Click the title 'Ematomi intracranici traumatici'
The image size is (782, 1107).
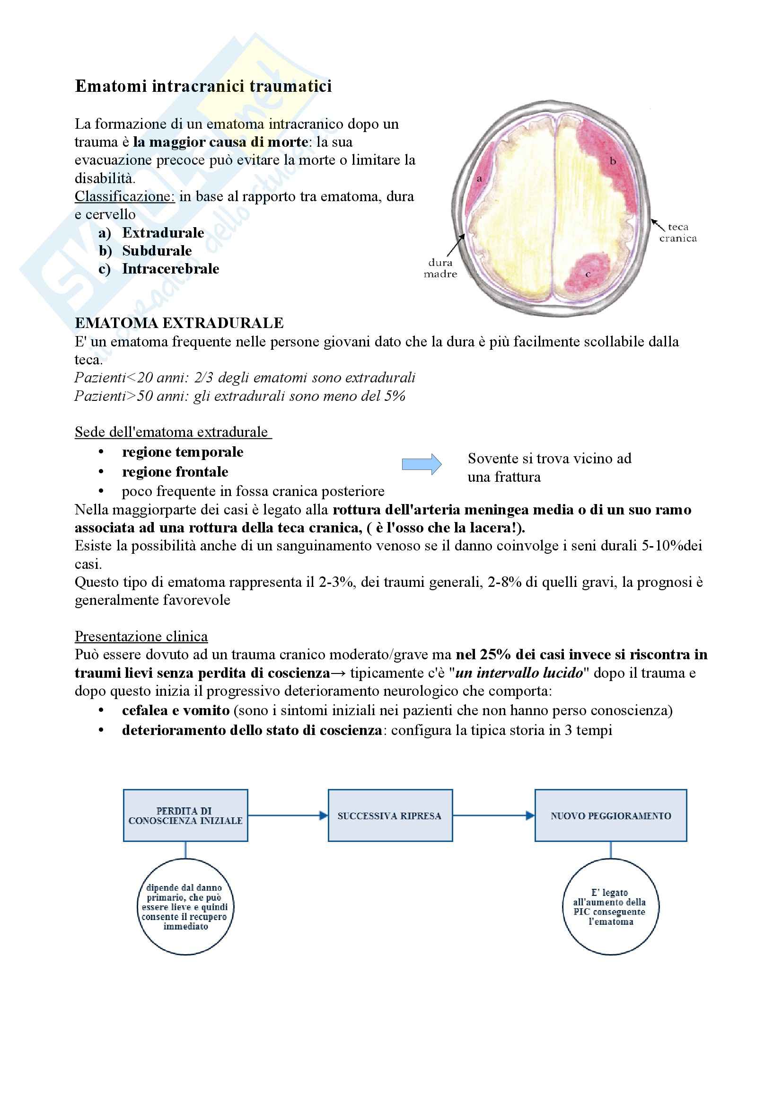203,86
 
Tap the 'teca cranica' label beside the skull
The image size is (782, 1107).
677,232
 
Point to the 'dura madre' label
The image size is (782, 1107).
440,268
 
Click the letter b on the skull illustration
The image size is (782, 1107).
613,161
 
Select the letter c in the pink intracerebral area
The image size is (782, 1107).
588,275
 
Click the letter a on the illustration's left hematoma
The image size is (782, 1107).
479,179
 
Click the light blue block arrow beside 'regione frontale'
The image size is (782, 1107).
422,464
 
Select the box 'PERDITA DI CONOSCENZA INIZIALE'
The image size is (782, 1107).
185,815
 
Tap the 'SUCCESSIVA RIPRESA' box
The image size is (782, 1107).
390,815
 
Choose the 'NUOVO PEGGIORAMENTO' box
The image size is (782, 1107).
610,815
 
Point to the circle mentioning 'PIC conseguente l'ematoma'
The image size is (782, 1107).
610,906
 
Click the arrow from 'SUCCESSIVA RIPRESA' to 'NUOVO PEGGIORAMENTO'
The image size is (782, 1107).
493,815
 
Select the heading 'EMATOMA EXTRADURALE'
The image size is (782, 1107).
179,323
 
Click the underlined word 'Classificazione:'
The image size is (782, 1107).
124,197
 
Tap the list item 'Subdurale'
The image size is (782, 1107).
157,251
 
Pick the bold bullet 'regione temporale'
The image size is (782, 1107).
182,452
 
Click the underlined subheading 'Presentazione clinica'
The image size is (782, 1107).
141,637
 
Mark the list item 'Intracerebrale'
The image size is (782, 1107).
170,268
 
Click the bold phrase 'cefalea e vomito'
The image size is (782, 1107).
176,710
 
